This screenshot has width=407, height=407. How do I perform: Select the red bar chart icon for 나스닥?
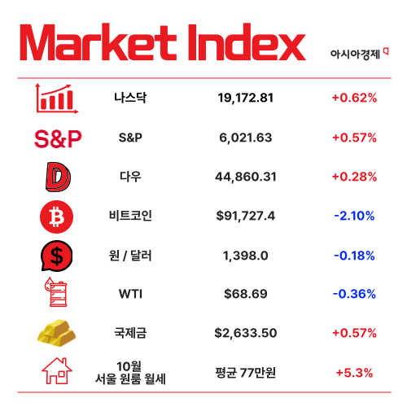pos(57,98)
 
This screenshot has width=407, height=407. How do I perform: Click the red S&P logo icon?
pos(57,138)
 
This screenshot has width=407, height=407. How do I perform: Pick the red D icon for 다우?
pos(57,177)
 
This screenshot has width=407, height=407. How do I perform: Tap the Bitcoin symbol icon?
pos(57,216)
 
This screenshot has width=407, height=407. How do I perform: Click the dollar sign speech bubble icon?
pos(57,256)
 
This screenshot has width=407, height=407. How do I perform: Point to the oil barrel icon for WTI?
pos(57,294)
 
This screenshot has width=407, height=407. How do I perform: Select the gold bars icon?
pos(57,333)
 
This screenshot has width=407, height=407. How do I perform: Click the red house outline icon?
pos(57,372)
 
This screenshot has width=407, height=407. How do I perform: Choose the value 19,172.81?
pos(246,98)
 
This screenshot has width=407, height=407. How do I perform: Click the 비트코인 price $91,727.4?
pos(246,216)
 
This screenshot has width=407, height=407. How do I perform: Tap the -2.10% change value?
pos(354,216)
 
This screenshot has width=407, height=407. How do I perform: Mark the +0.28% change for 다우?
pos(354,177)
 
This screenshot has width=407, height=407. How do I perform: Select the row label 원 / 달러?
pos(130,255)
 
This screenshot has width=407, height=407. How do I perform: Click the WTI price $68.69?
pos(246,294)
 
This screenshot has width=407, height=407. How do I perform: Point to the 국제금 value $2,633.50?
pos(246,333)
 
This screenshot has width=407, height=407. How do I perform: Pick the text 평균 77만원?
pos(246,373)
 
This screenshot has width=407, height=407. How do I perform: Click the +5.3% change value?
pos(354,373)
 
